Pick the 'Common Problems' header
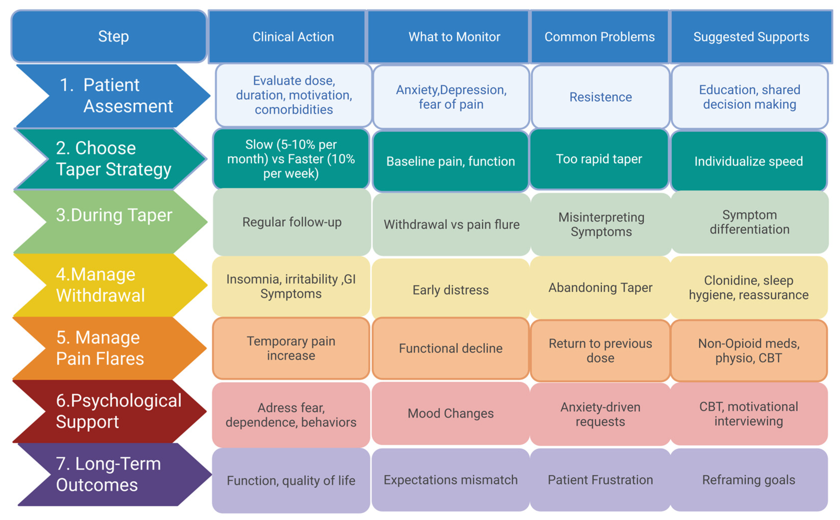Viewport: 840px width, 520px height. click(x=599, y=36)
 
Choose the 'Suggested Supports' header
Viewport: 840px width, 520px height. click(x=751, y=36)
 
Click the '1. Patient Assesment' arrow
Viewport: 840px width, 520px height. click(x=114, y=96)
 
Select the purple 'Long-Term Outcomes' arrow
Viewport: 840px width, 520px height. click(x=114, y=474)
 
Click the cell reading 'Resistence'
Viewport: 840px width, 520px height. click(x=600, y=97)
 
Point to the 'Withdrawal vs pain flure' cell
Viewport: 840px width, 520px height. click(x=451, y=224)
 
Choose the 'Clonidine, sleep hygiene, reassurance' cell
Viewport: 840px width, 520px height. click(x=749, y=287)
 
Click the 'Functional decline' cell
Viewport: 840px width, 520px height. click(x=450, y=348)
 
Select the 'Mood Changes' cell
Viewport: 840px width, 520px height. click(x=450, y=413)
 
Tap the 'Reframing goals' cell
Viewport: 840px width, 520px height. click(x=749, y=480)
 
